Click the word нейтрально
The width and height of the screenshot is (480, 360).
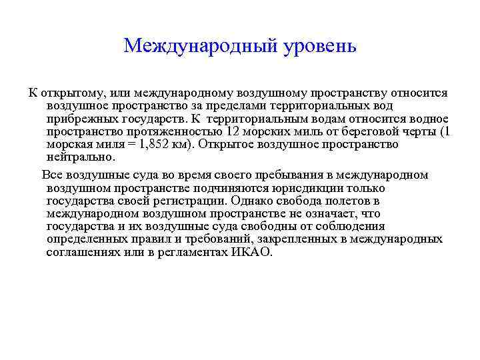click(x=81, y=158)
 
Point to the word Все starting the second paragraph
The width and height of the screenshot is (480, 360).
click(x=52, y=175)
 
